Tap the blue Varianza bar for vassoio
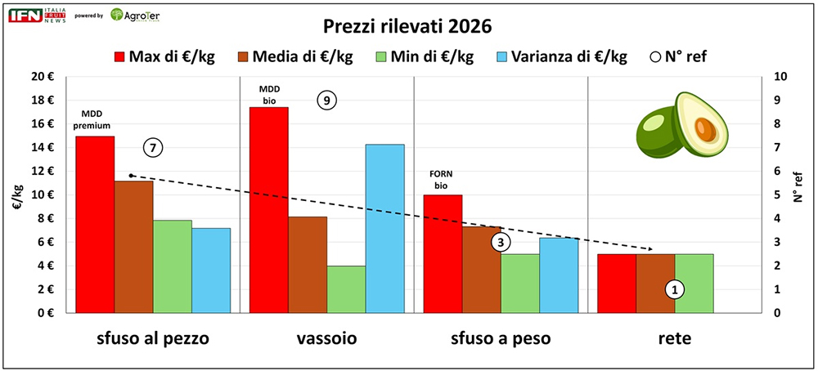click(384, 229)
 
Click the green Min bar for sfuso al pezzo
click(173, 266)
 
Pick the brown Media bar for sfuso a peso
click(481, 270)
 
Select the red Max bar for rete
click(617, 284)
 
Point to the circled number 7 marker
click(153, 148)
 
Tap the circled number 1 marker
click(675, 288)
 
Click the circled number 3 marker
click(501, 242)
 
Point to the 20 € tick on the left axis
click(42, 77)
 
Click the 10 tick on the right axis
click(780, 77)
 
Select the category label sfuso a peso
click(501, 337)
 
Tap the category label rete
click(675, 337)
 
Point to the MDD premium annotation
click(95, 119)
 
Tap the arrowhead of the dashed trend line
click(651, 249)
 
